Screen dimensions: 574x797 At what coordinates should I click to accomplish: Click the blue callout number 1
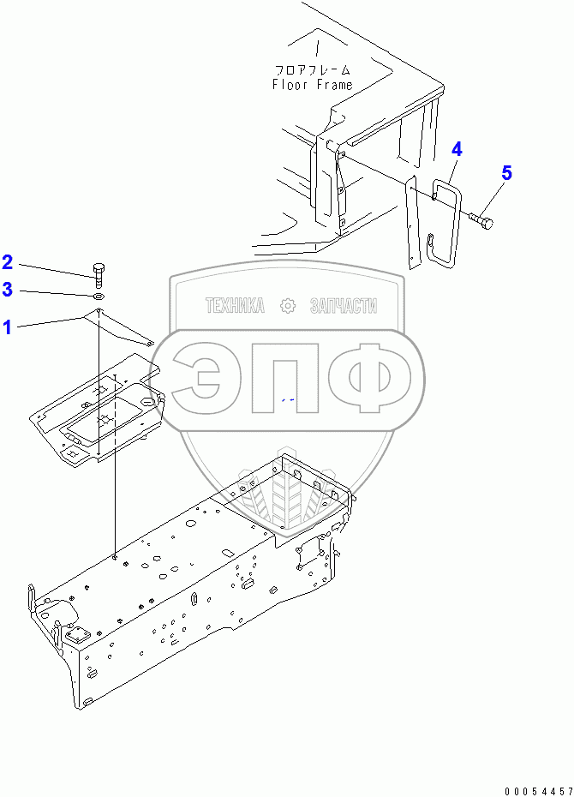[7, 327]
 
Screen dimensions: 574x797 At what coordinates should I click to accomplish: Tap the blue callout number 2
[7, 261]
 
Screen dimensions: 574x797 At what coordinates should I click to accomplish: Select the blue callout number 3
[7, 290]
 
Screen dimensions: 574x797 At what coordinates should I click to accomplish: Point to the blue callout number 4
[457, 149]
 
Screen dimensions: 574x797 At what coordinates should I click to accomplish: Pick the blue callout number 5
[506, 173]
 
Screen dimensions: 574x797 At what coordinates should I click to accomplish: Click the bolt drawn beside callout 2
[99, 273]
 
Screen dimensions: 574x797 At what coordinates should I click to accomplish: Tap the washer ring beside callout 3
[99, 297]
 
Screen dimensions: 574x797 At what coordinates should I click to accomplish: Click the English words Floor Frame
[313, 85]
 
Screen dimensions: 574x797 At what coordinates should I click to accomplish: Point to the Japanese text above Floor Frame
[313, 70]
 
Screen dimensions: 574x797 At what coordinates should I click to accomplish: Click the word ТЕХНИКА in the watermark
[234, 306]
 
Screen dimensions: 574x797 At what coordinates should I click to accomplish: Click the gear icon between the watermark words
[287, 306]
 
